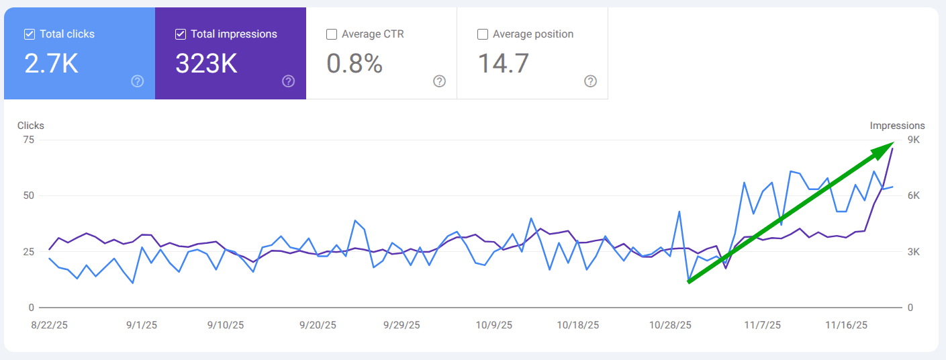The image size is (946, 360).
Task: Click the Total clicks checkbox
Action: point(30,34)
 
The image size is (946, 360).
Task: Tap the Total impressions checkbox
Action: point(180,34)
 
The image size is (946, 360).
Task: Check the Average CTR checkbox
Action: point(331,34)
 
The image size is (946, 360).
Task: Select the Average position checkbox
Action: point(482,34)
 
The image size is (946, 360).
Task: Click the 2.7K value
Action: point(52,64)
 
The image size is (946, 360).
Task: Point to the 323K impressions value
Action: point(207,64)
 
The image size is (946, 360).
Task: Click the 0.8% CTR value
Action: point(354,64)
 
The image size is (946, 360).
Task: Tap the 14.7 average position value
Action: point(504,64)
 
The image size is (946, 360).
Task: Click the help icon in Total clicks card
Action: point(138,81)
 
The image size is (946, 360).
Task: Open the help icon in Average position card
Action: point(590,81)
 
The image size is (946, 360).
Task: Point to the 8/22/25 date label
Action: point(49,325)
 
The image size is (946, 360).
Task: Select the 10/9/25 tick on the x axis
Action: point(493,325)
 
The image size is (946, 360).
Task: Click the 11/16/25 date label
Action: point(846,325)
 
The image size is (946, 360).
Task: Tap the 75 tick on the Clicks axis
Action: point(28,140)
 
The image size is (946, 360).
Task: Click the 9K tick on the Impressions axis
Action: point(913,140)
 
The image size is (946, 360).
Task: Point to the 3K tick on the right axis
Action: point(913,252)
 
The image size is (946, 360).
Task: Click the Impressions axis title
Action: point(897,126)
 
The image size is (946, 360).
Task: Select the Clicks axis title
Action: point(31,126)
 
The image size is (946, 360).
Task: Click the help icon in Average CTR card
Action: point(439,81)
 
